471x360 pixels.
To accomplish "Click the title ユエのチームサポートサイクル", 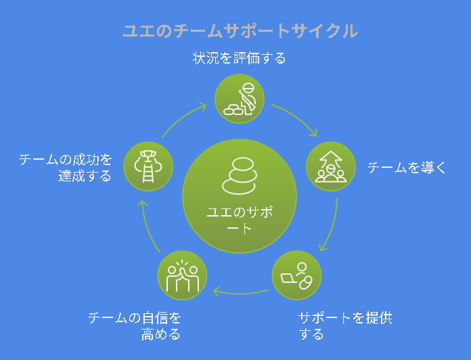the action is click(240, 31).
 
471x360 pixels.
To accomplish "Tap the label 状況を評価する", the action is click(239, 58).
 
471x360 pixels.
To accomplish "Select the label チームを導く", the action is click(407, 167).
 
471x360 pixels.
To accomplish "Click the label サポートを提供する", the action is click(345, 325).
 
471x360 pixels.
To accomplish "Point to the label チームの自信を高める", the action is click(135, 325).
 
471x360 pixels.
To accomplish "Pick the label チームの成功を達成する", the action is click(66, 168).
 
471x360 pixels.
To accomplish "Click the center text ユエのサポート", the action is click(240, 220).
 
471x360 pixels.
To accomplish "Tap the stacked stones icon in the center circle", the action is click(240, 176).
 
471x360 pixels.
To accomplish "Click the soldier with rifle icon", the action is click(240, 99).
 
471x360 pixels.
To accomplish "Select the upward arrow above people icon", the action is click(330, 166).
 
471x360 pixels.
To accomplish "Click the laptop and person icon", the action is click(297, 276).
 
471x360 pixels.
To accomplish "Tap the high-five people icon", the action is click(182, 275).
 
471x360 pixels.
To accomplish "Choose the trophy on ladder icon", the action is click(148, 166).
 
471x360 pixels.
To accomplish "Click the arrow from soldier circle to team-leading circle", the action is click(297, 117).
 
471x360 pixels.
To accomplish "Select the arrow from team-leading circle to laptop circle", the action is click(332, 226).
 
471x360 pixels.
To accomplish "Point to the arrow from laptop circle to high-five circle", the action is click(240, 293).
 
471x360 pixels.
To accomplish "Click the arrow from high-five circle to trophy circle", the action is click(148, 226).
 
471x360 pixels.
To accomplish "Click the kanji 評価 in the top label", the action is click(246, 58).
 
